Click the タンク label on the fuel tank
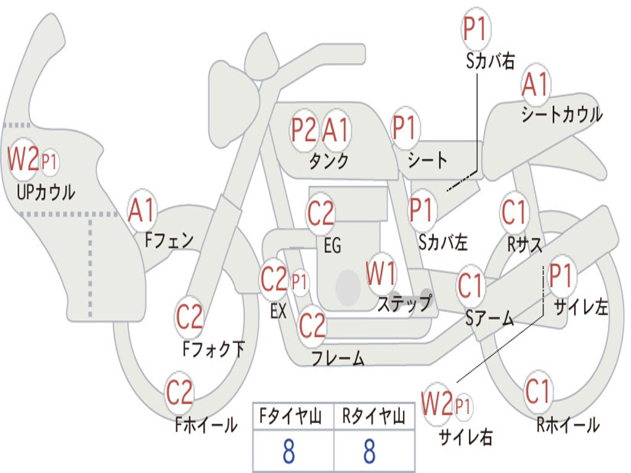click(329, 161)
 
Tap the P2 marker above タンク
click(303, 130)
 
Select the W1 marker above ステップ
click(381, 273)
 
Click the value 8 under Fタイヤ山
click(289, 451)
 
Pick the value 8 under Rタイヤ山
click(370, 451)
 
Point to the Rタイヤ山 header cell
click(374, 416)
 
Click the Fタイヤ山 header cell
click(293, 416)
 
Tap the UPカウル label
click(46, 192)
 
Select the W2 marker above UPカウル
click(23, 159)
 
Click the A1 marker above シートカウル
click(535, 85)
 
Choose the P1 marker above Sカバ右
click(476, 29)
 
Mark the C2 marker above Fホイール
click(179, 392)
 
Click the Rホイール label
click(568, 425)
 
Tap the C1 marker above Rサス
click(514, 212)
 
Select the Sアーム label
click(489, 318)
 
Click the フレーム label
click(338, 358)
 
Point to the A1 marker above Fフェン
click(142, 211)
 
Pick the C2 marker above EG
click(320, 213)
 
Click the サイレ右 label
click(466, 437)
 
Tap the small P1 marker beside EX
click(299, 282)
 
